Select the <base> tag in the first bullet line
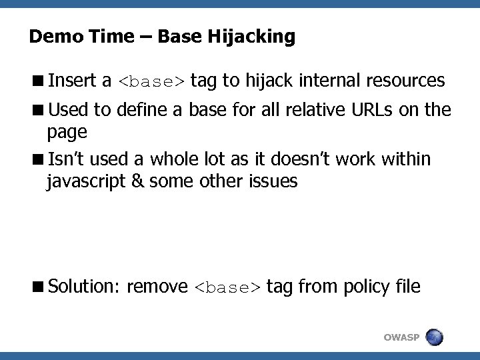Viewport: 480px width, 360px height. click(x=151, y=82)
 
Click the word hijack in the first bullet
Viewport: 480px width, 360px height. click(x=269, y=81)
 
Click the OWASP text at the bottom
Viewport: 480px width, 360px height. click(x=401, y=338)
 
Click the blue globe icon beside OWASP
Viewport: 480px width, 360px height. click(x=433, y=337)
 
